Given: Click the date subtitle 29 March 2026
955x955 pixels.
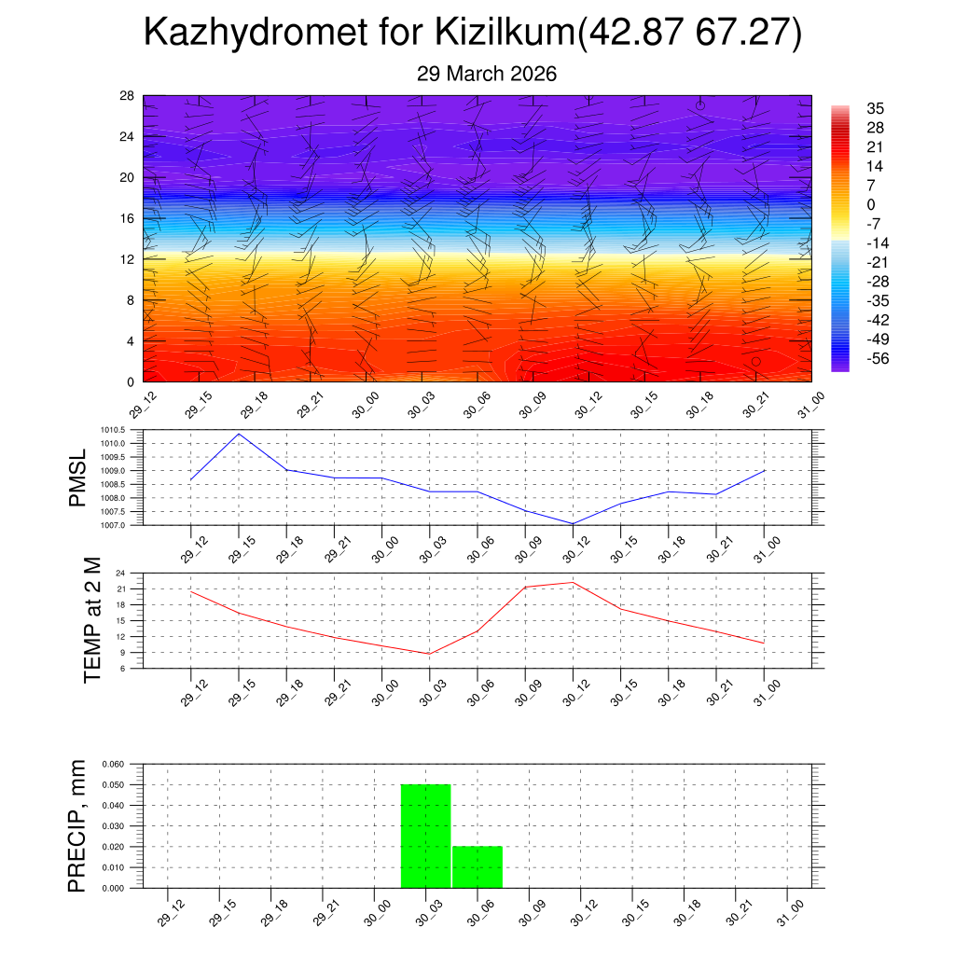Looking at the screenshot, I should (487, 75).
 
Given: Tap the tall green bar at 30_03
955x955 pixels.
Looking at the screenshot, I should (426, 836).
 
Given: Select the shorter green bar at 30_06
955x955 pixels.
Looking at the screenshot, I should (477, 866).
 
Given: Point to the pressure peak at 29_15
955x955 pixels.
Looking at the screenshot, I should (239, 434).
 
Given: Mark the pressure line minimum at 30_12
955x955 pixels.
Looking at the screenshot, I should (573, 524).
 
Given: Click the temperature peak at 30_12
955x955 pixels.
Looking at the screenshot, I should (573, 582).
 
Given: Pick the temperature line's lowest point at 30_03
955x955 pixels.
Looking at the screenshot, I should (429, 654).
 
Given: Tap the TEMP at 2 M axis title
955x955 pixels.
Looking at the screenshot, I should (92, 620).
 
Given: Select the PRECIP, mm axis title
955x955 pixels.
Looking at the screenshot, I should (78, 825).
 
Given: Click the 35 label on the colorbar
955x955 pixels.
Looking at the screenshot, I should (876, 108).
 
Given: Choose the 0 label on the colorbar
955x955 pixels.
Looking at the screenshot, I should (871, 205).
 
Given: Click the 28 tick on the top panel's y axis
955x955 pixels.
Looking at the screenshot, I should (127, 96).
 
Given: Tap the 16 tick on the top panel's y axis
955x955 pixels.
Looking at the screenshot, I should (127, 218).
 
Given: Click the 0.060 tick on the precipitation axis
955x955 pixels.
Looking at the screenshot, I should (113, 764).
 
